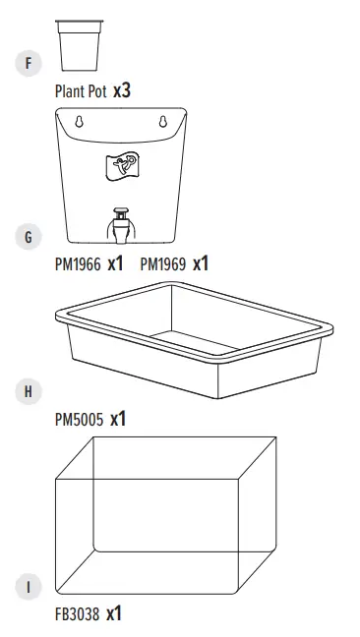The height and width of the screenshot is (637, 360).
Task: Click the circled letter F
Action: click(28, 64)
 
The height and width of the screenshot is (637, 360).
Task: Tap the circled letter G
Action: click(28, 237)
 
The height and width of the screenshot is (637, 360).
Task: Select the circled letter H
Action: click(28, 391)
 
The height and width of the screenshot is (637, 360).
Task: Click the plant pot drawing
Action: click(80, 45)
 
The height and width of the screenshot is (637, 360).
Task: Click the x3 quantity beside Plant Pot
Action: click(122, 90)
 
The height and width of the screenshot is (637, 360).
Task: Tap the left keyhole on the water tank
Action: click(80, 122)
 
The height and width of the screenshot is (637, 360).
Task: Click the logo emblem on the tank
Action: click(122, 167)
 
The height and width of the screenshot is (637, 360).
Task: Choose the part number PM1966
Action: click(77, 264)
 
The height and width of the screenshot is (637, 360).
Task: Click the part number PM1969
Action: click(163, 264)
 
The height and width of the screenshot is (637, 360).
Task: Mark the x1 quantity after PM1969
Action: click(201, 263)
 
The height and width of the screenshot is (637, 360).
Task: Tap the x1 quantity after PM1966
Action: click(115, 263)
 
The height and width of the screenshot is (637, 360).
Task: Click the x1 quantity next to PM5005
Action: click(118, 419)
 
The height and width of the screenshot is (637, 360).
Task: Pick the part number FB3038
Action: click(77, 615)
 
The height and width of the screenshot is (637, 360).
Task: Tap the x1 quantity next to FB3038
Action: click(114, 614)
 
